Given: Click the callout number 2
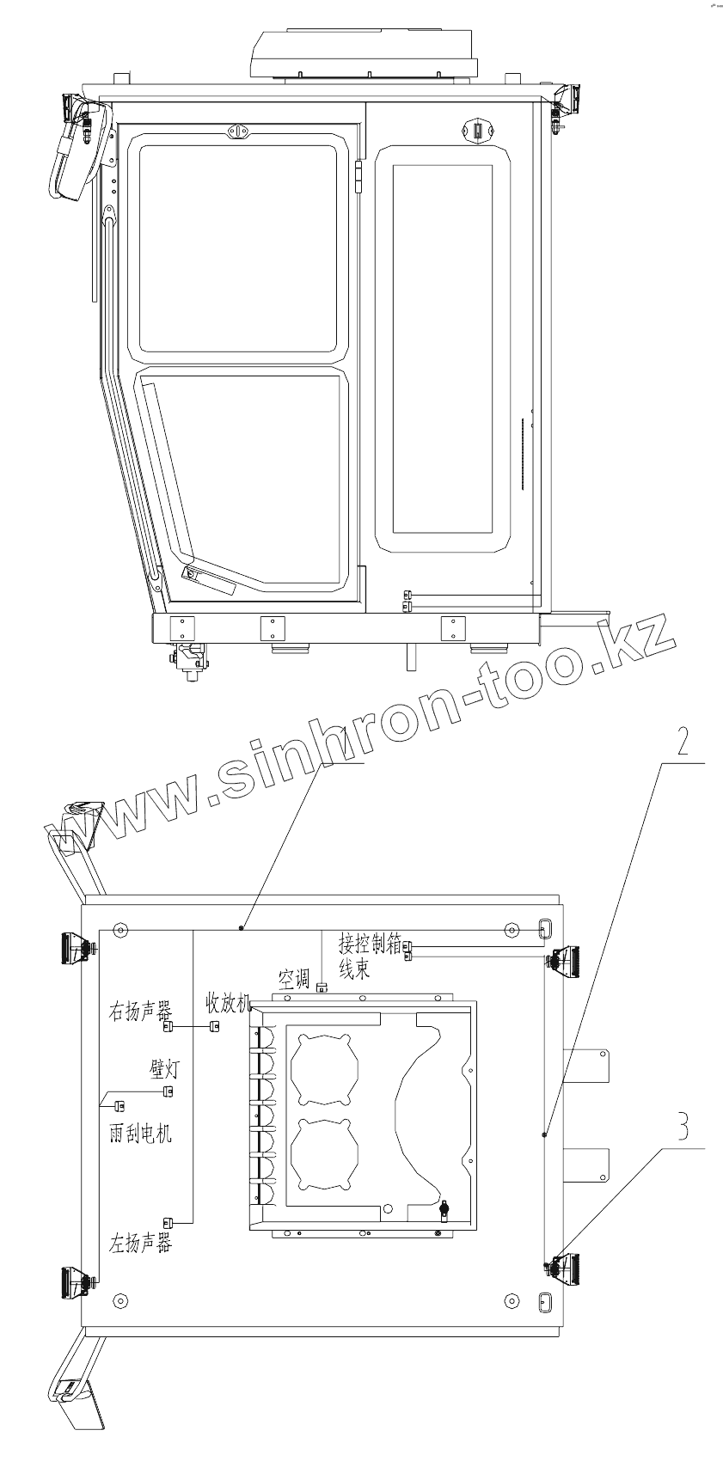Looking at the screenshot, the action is click(683, 742).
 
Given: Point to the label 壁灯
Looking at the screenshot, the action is click(163, 1069).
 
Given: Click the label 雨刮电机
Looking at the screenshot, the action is click(140, 1133).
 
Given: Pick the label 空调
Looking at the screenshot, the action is click(294, 979).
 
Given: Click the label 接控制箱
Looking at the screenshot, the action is click(371, 943).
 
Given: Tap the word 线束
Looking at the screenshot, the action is click(354, 968).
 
